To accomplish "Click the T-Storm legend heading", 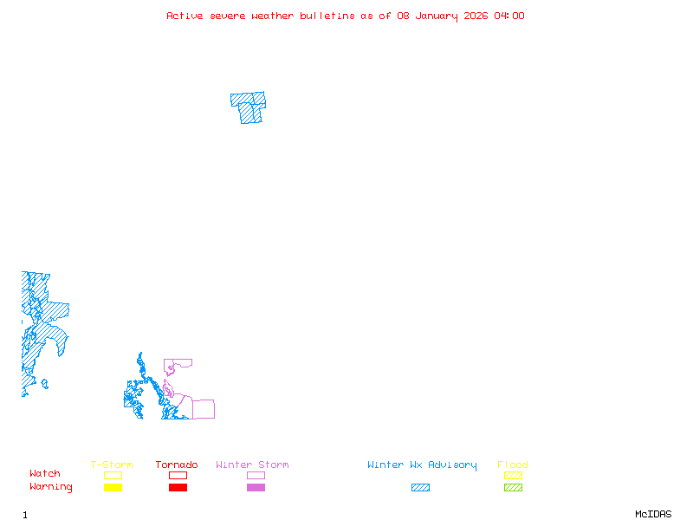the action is coord(112,465).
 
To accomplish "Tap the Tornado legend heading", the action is coord(177,465).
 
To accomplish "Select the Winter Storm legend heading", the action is coord(252,465).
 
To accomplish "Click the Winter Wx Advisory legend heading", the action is coord(422,465).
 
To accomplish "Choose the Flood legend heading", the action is coord(513,465).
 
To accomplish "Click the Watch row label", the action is coord(45,474).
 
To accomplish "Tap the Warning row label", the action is coord(51,487).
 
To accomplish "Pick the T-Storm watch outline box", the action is coord(113,475).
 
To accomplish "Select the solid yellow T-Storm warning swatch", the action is coord(113,487).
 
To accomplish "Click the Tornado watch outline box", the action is coord(178,475).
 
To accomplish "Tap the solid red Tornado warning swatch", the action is coord(178,487).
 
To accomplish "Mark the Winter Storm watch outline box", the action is coord(256,475).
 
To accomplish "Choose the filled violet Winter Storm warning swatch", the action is coord(256,487).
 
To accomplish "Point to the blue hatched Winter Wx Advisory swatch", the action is coord(420,487).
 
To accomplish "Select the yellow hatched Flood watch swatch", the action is coord(513,475).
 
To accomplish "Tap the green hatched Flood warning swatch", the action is coord(513,487).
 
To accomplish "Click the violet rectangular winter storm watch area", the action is coord(204,409).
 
